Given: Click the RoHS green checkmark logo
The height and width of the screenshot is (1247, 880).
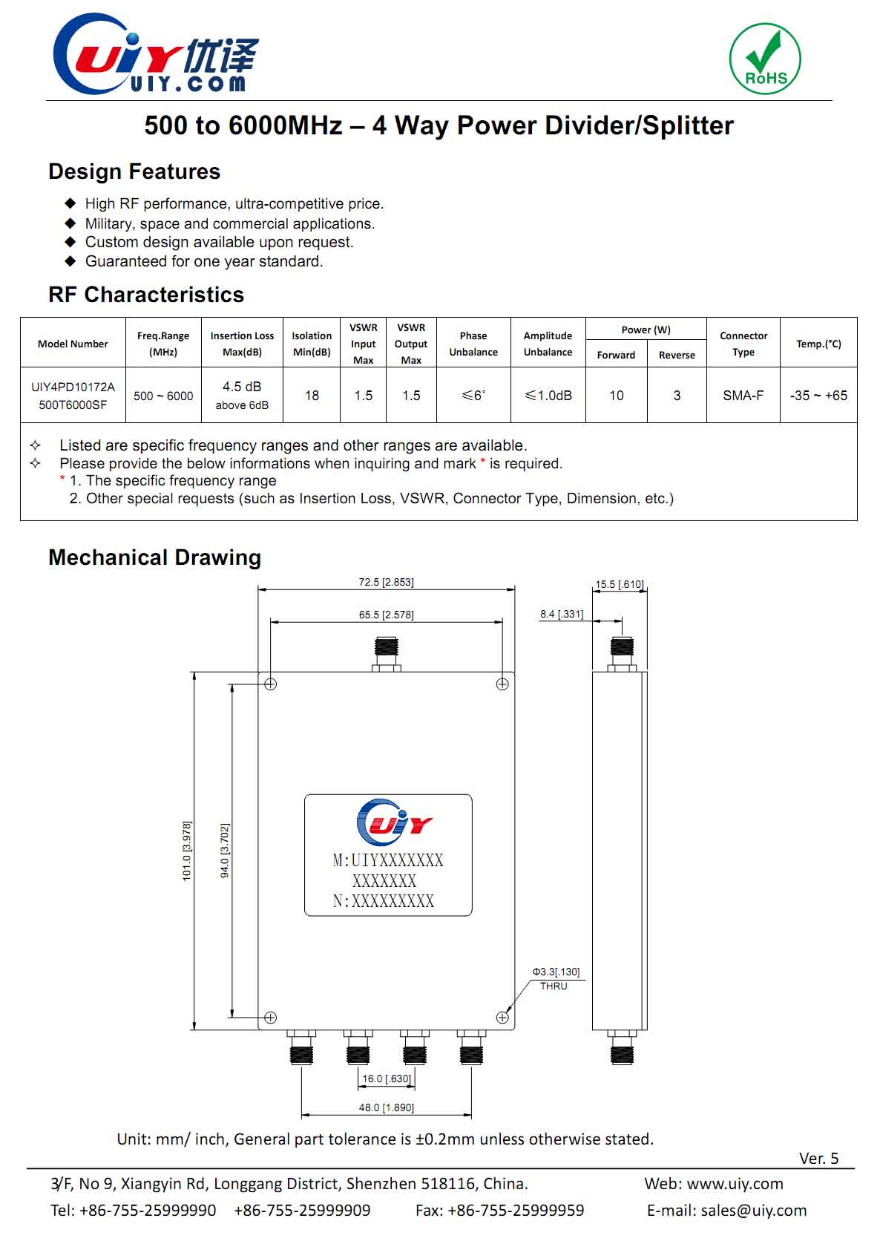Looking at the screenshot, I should click(x=765, y=59).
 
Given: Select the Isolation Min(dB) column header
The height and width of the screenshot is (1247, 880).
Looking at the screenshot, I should click(x=312, y=344).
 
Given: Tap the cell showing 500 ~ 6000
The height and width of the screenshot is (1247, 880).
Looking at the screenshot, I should click(x=163, y=396).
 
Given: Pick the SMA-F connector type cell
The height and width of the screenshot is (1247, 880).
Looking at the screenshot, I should click(x=743, y=396).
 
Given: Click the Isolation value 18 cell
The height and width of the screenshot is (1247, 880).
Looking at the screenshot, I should click(x=312, y=396).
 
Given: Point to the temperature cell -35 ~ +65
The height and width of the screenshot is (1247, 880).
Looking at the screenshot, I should click(x=818, y=396).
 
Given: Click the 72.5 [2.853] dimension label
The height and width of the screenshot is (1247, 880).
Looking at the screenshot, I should click(x=386, y=582).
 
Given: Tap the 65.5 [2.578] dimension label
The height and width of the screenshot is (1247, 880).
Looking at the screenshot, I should click(x=386, y=615).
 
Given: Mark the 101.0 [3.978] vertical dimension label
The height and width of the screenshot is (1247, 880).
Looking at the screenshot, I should click(x=187, y=851).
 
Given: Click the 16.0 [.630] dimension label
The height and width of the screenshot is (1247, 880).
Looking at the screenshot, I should click(x=386, y=1079).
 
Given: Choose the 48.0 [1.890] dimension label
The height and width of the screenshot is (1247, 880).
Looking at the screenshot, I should click(x=386, y=1107).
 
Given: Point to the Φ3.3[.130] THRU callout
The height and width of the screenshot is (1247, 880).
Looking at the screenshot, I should click(x=556, y=978).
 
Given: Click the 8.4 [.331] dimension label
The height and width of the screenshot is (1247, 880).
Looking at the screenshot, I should click(x=562, y=614).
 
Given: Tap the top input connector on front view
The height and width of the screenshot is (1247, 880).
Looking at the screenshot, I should click(x=386, y=652).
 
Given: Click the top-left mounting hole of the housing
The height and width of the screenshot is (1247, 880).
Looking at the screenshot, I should click(x=271, y=684).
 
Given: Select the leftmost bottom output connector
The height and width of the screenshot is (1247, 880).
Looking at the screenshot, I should click(x=301, y=1047).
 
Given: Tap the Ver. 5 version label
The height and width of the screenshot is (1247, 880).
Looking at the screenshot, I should click(x=818, y=1159).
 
